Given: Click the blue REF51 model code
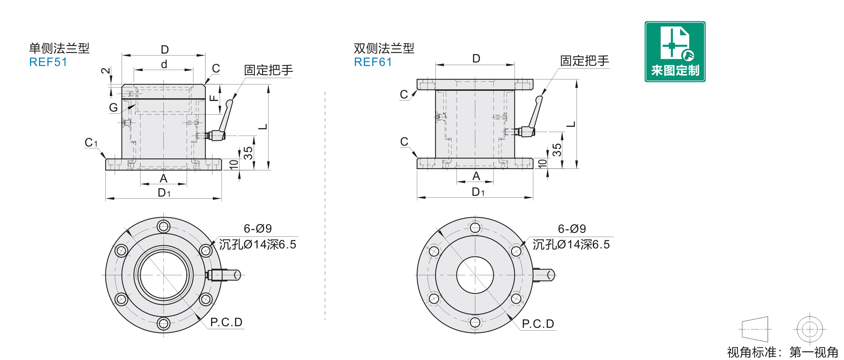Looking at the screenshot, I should click(48, 62).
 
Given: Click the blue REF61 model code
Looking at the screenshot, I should click(373, 62).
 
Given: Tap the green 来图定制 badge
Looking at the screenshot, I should click(675, 52).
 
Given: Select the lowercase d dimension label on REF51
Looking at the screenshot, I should click(164, 64).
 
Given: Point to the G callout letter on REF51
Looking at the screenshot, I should click(113, 108).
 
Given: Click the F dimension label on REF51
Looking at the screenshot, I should click(214, 98).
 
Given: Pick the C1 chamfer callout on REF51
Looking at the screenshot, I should click(91, 142).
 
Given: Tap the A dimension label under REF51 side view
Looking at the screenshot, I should click(163, 179).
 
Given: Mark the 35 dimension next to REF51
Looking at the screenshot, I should click(248, 153).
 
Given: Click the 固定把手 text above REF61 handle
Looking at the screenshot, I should click(584, 61).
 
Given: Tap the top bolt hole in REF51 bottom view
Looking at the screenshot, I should click(163, 226).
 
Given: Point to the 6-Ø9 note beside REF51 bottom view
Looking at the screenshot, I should click(258, 228).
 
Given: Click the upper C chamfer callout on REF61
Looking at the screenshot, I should click(404, 95).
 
